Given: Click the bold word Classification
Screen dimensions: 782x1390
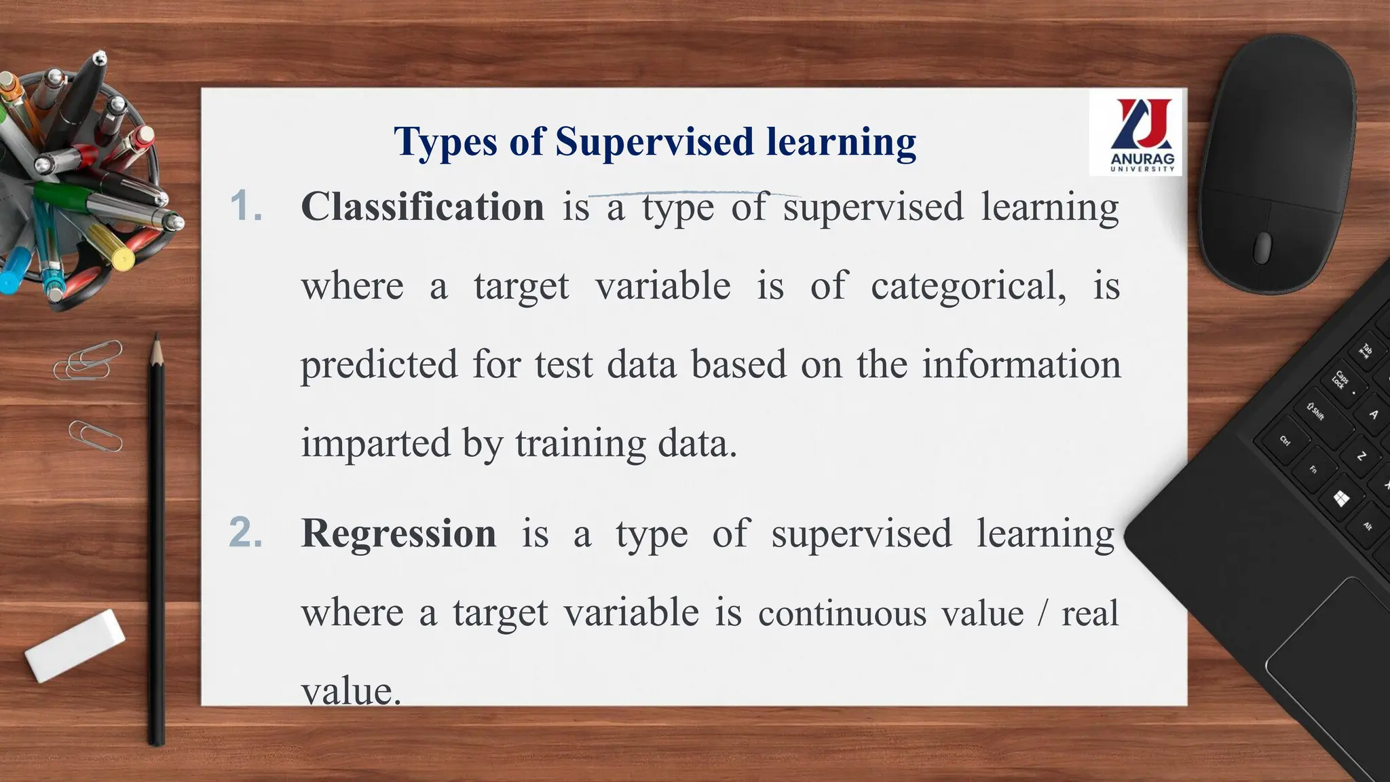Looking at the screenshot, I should pos(422,206).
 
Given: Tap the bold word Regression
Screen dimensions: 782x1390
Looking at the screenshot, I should pos(398,534).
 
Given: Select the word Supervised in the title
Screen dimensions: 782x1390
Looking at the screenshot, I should pos(654,142).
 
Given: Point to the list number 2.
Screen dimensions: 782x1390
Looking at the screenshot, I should pos(246,533).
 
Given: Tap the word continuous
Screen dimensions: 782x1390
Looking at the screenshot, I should pos(842,614).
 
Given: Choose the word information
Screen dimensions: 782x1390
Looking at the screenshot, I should pos(1021,365).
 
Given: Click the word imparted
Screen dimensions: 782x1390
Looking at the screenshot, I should pos(376,443).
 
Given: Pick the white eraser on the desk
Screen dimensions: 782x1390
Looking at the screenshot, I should pos(75,645).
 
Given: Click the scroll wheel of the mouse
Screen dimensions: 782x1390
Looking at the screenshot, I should pos(1262,247).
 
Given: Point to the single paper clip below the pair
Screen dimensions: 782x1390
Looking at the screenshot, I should pos(95,436).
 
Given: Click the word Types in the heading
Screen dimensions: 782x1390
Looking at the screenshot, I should pos(445,142).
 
